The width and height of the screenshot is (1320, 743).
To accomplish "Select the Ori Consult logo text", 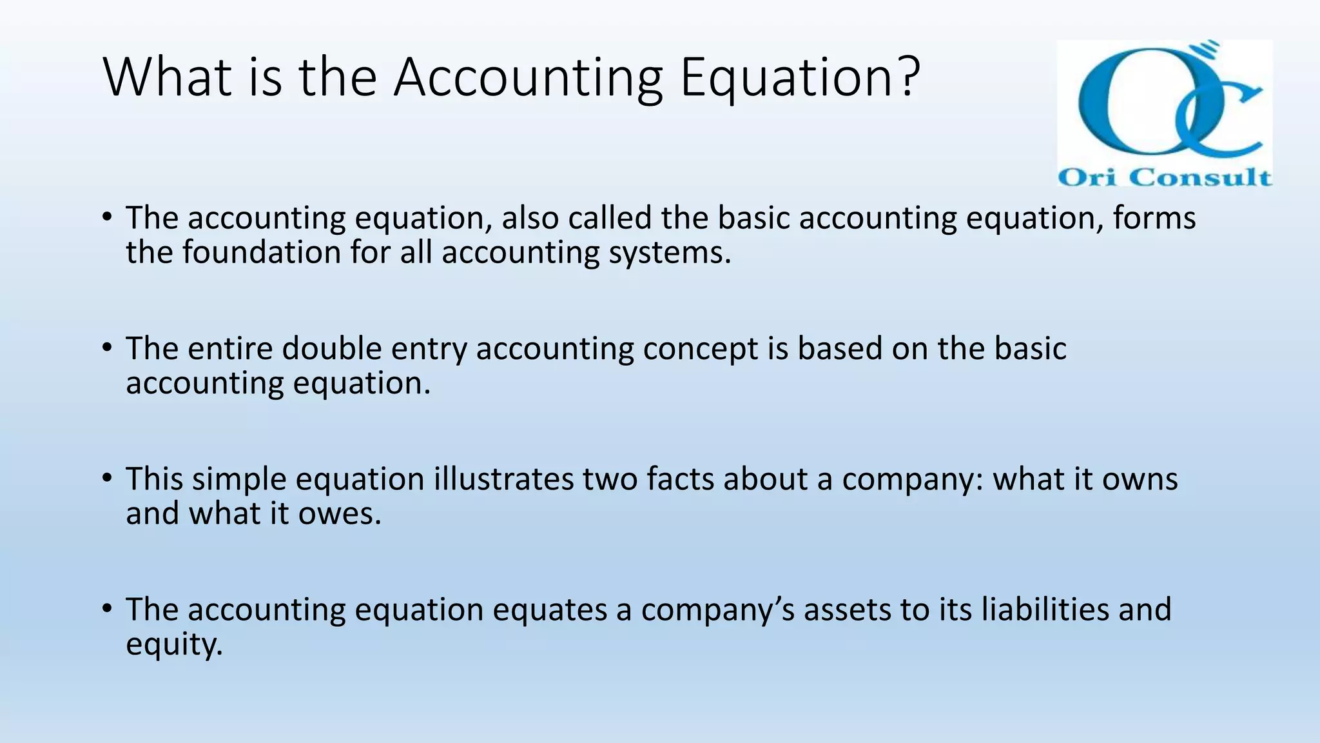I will click(1165, 177).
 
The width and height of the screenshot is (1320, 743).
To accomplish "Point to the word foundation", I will click(262, 252).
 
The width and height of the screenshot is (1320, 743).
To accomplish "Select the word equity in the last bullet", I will click(174, 644).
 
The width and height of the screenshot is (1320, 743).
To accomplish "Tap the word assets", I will click(846, 609).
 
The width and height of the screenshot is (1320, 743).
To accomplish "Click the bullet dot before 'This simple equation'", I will click(107, 478).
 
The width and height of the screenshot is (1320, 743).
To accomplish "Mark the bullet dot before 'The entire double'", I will click(107, 348).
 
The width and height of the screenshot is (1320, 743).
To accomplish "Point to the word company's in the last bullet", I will click(717, 609).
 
